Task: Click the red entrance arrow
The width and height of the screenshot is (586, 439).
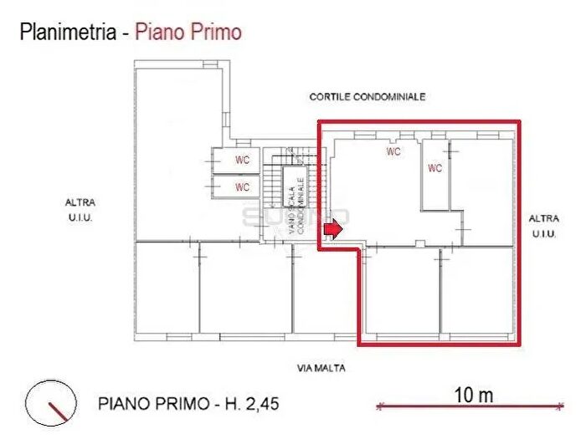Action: point(334,230)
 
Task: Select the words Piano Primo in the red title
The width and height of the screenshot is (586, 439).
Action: point(188,33)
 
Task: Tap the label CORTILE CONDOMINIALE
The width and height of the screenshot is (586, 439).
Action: point(368,97)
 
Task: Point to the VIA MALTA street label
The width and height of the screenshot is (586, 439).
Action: point(321,367)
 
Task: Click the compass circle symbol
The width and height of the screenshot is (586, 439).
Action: point(51,402)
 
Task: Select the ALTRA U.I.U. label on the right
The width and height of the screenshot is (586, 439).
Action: point(542,226)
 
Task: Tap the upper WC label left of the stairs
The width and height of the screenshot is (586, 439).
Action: point(242,160)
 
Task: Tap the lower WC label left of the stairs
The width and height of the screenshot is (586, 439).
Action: point(242,187)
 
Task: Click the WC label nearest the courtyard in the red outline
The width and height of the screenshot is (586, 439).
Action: point(393,152)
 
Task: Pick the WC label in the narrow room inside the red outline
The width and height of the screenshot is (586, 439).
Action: point(435,168)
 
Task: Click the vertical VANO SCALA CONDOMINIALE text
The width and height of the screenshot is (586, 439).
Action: point(296,203)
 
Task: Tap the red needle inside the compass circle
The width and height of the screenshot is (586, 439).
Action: point(58,411)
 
